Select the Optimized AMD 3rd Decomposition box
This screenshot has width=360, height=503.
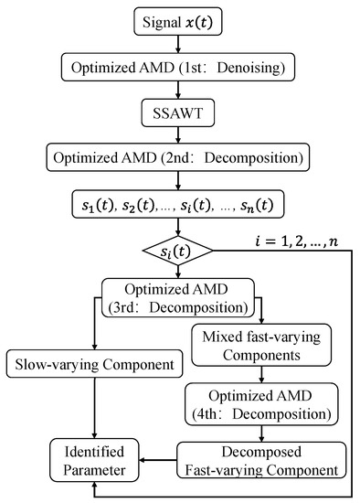(179, 294)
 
